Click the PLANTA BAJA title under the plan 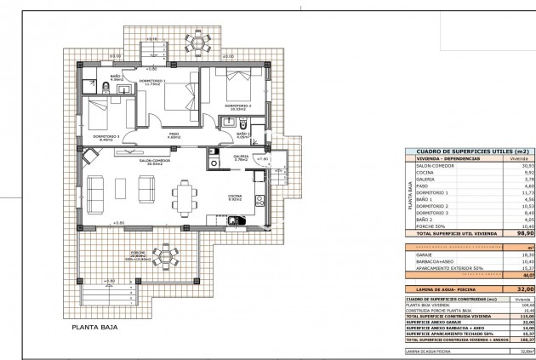pyautogui.click(x=94, y=326)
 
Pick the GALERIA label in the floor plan pyautogui.click(x=241, y=156)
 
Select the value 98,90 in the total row pyautogui.click(x=526, y=231)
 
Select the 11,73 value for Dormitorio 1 pyautogui.click(x=527, y=192)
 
